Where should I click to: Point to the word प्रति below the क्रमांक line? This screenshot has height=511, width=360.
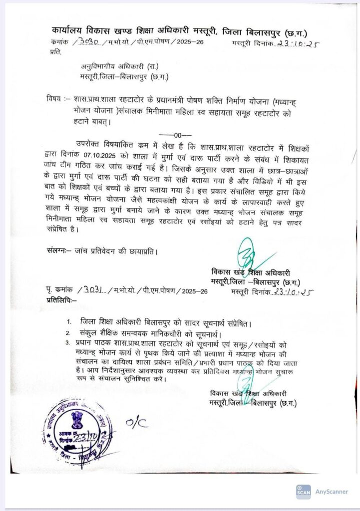pyautogui.click(x=55, y=51)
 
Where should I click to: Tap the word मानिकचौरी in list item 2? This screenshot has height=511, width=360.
pyautogui.click(x=177, y=333)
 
